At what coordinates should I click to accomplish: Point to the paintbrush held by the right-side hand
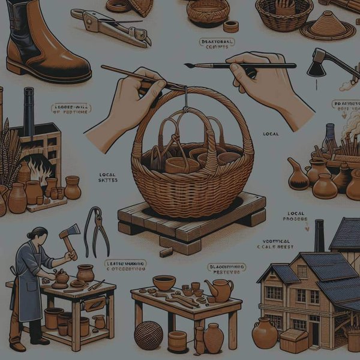(x=240, y=65)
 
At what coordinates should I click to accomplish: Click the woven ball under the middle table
(x=148, y=335)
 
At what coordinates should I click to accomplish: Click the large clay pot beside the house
(x=265, y=334)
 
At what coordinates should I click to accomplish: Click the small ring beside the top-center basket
(x=230, y=27)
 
